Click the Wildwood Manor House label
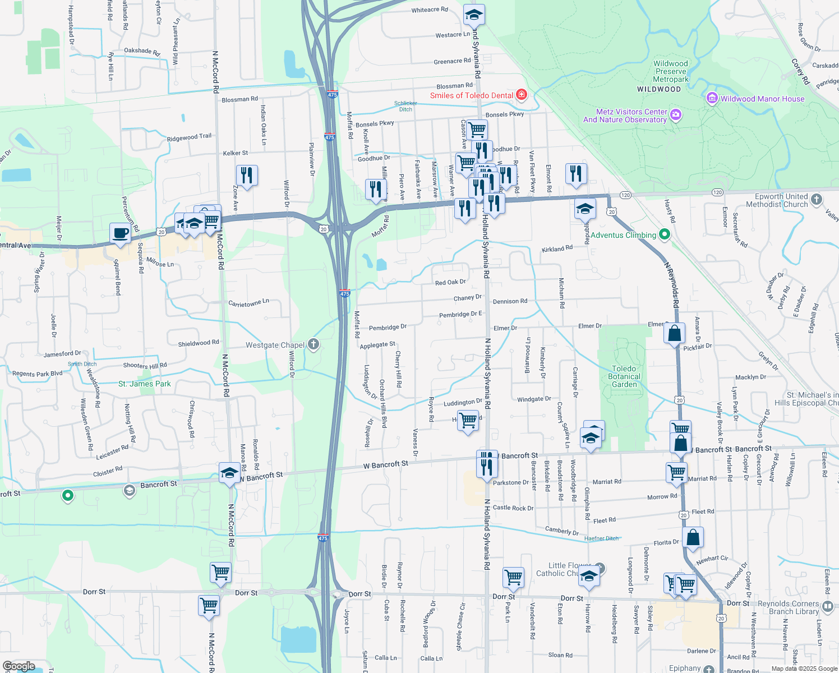coord(762,99)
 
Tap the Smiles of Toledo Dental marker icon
coord(522,94)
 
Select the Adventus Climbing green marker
coord(665,234)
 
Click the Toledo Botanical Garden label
coord(624,377)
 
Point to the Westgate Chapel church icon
coord(314,344)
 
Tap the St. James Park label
coord(145,384)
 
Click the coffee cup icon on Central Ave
coord(120,233)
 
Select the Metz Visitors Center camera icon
coord(676,115)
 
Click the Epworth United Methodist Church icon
coord(817,199)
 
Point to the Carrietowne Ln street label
coord(248,303)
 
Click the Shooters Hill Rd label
coord(145,366)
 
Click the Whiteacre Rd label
coord(430,10)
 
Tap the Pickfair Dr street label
coord(698,347)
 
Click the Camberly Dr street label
coord(561,531)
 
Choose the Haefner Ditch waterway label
coord(601,538)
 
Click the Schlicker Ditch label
coord(405,106)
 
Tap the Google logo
coord(19,666)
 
